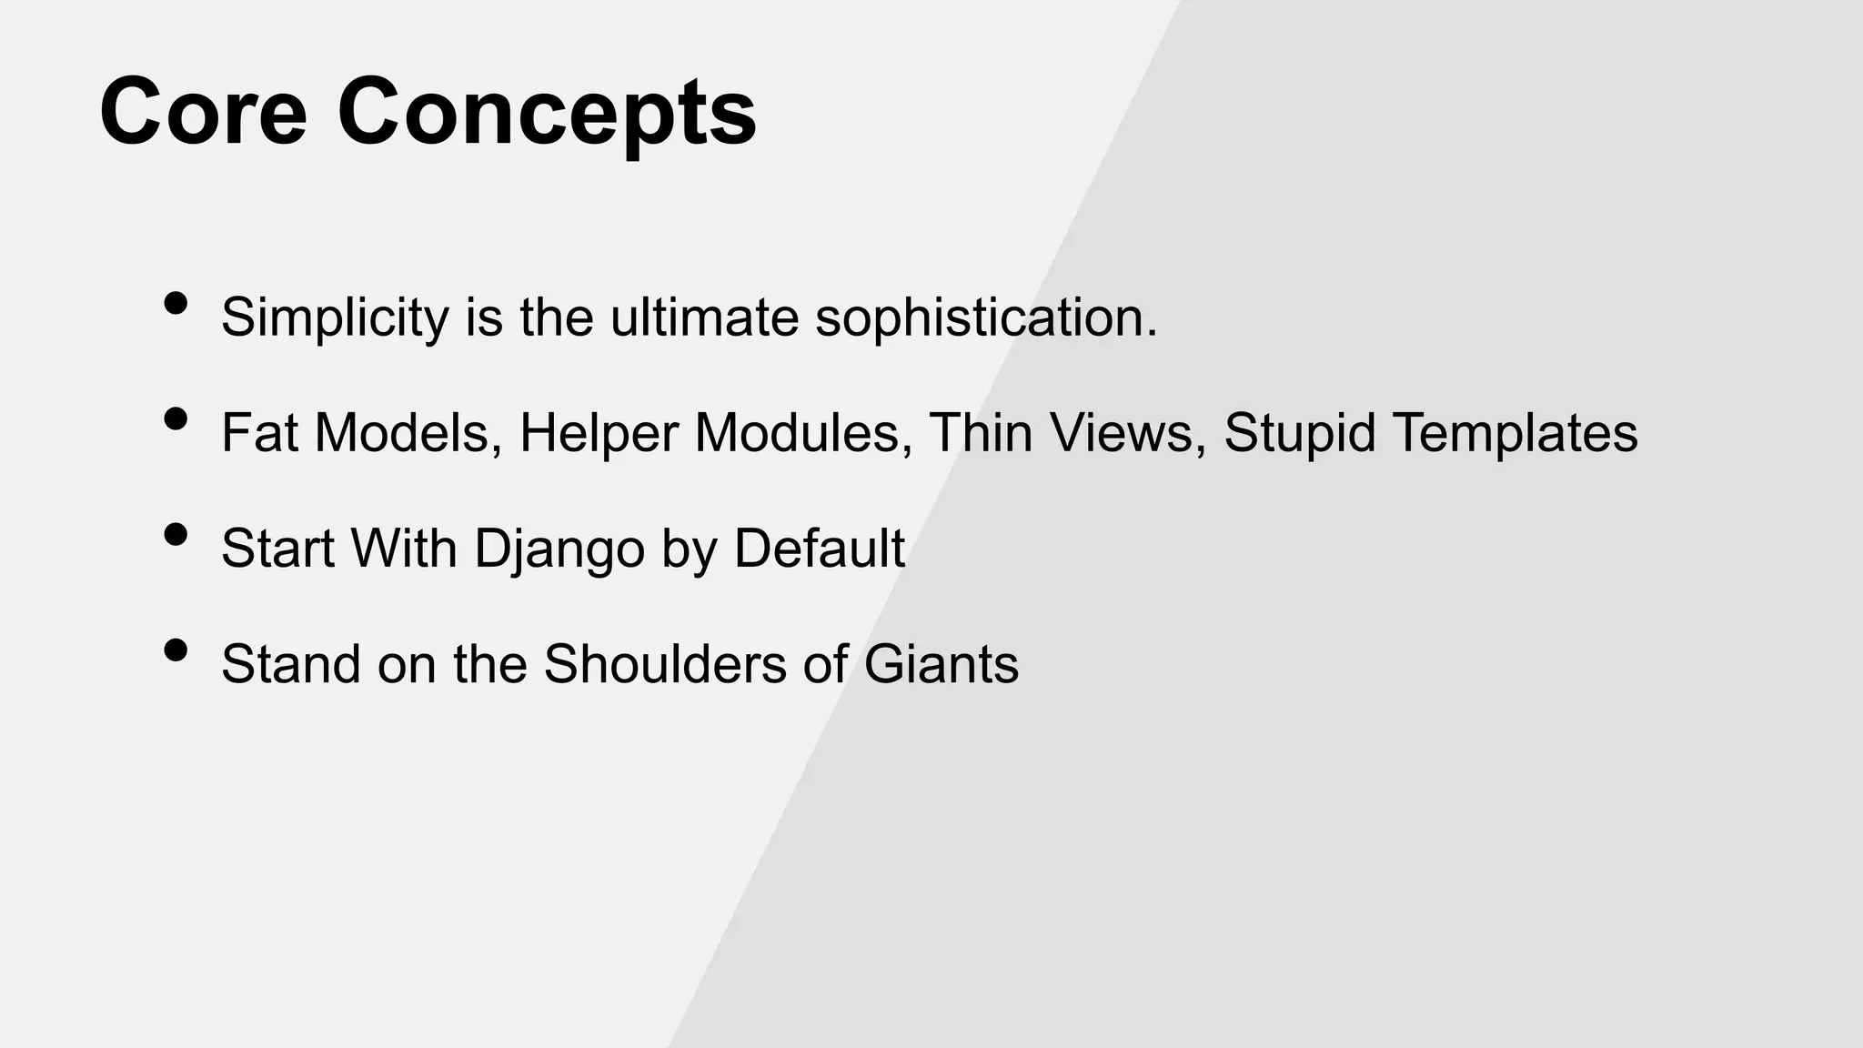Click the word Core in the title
203,113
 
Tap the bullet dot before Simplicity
176,304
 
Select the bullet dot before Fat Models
176,419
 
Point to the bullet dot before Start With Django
176,535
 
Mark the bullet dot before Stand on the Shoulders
176,650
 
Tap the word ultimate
704,317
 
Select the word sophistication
986,317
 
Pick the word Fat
259,432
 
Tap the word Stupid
1299,434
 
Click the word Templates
1515,434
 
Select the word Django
559,549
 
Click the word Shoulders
664,663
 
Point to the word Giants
941,663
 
